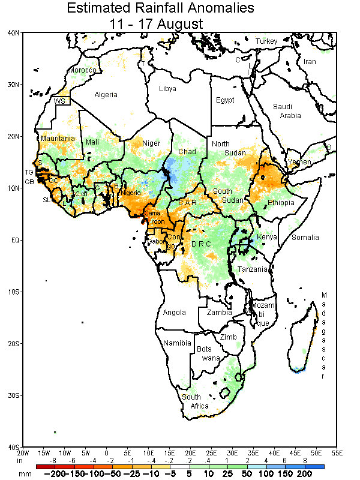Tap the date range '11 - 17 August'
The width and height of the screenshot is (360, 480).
156,23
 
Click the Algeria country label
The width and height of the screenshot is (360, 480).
106,95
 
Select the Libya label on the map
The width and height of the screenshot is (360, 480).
167,89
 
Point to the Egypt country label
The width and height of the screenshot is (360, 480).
225,100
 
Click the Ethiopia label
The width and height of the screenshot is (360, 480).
281,203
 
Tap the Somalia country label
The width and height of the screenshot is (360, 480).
305,238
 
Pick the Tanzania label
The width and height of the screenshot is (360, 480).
252,269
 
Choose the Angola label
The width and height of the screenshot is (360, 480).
175,313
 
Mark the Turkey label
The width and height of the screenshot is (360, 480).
266,41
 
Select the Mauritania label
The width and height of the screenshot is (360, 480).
58,139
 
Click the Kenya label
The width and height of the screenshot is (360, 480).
267,237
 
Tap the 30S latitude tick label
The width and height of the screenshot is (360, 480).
13,395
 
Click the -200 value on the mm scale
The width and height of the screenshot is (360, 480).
58,474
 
